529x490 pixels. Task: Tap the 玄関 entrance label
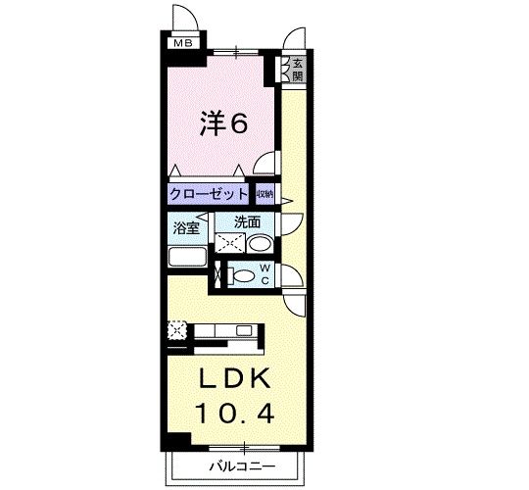[x=296, y=69]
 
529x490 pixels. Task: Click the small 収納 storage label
[x=265, y=194]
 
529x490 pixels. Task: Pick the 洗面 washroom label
[x=246, y=222]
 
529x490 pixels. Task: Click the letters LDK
[x=234, y=379]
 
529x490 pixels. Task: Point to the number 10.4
[x=234, y=415]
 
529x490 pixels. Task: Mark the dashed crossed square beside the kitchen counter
[x=176, y=330]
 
